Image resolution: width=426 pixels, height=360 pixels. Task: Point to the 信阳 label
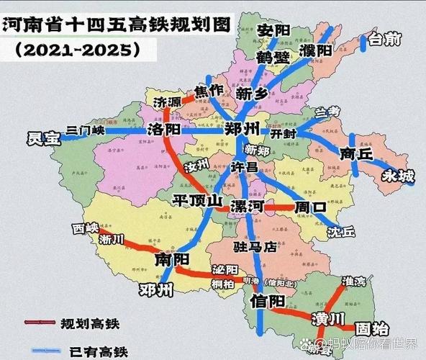266,302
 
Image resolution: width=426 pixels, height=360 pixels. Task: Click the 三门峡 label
85,130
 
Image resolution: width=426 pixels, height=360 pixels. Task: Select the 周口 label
310,207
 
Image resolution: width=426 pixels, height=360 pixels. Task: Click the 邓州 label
156,290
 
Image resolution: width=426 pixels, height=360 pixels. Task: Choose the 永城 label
398,175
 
